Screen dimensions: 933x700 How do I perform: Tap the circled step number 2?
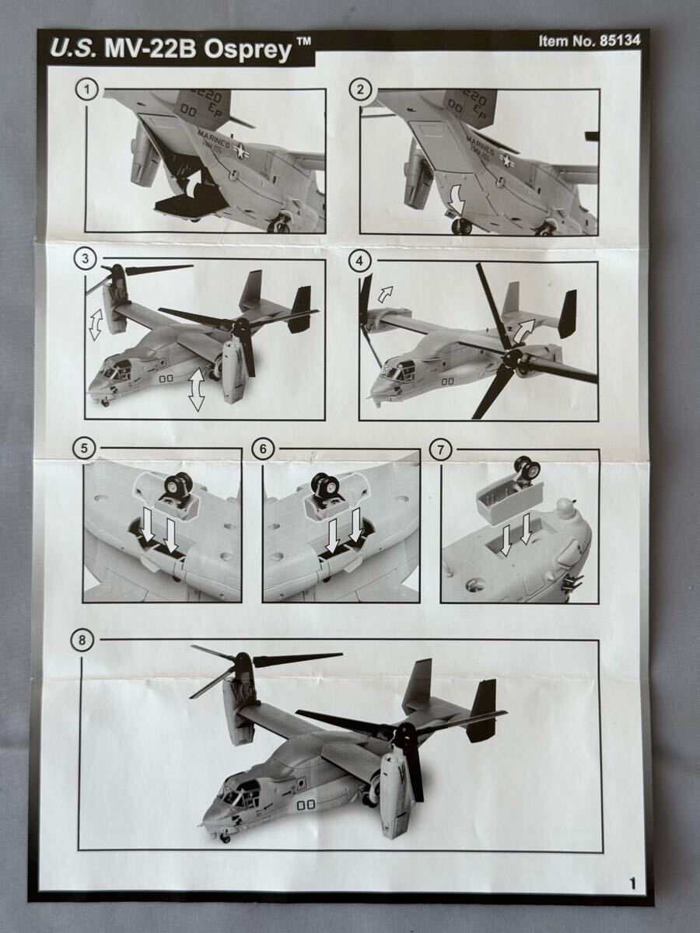[x=359, y=89]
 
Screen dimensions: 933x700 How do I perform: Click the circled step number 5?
[x=83, y=448]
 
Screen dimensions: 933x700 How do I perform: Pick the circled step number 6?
[x=264, y=449]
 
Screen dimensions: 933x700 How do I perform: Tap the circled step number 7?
[x=441, y=449]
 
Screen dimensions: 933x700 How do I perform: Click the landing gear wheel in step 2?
[x=462, y=226]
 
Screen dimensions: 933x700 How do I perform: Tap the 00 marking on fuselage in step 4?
[x=447, y=380]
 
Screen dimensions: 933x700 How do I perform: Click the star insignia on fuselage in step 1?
[x=240, y=153]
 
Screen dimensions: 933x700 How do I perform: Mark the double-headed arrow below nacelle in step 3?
[x=196, y=389]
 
